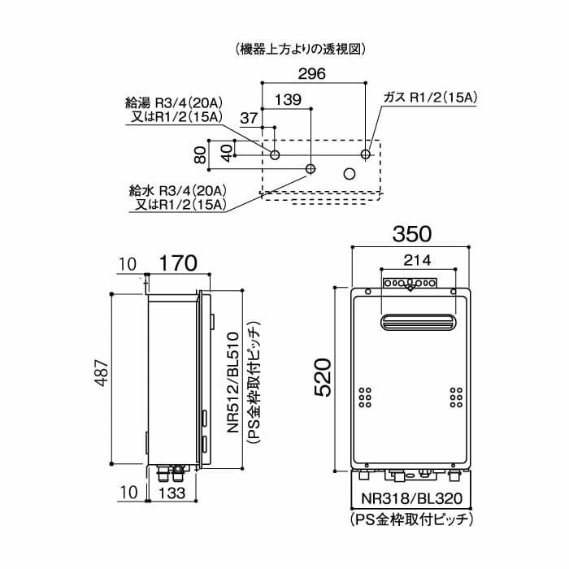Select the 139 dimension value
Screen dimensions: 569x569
290,100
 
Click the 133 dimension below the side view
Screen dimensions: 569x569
172,493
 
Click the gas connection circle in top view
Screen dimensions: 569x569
366,154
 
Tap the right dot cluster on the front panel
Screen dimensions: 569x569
455,396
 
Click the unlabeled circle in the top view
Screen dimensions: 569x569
350,173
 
